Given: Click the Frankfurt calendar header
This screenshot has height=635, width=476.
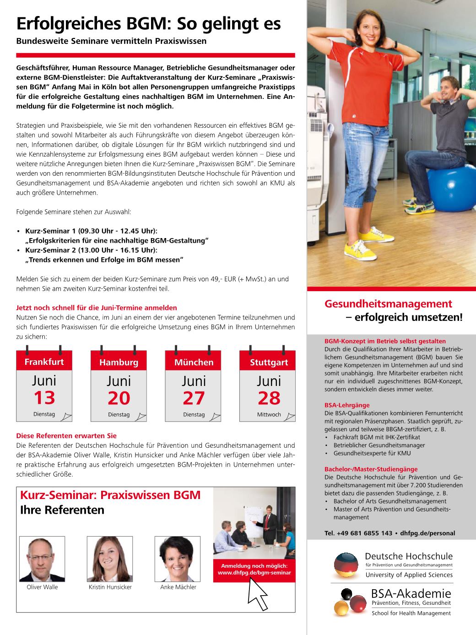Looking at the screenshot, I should (x=44, y=362).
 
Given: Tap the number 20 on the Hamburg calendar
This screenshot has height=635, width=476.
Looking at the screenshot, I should (x=119, y=398).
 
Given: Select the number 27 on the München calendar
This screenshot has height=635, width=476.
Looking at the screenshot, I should (x=194, y=398).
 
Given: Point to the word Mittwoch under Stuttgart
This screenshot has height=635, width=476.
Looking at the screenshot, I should (x=269, y=415).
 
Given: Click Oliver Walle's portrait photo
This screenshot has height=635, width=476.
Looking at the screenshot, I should (x=42, y=559).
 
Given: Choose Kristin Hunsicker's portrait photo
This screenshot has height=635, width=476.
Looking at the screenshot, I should (x=110, y=559).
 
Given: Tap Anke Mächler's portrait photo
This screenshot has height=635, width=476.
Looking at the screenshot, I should (x=178, y=559).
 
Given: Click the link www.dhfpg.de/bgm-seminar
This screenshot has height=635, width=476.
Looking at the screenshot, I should (x=254, y=572).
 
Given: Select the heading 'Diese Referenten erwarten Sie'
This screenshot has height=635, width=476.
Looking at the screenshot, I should (x=66, y=436).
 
